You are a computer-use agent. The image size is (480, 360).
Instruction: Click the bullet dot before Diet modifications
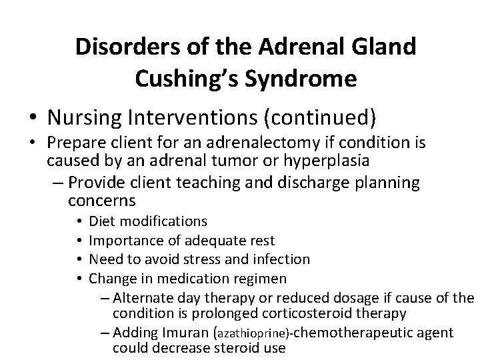point(79,221)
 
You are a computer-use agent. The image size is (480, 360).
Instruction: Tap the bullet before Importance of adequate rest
point(79,240)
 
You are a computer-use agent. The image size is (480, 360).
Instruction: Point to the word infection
point(277,259)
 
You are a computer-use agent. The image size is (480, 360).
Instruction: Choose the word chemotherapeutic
point(353,332)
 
